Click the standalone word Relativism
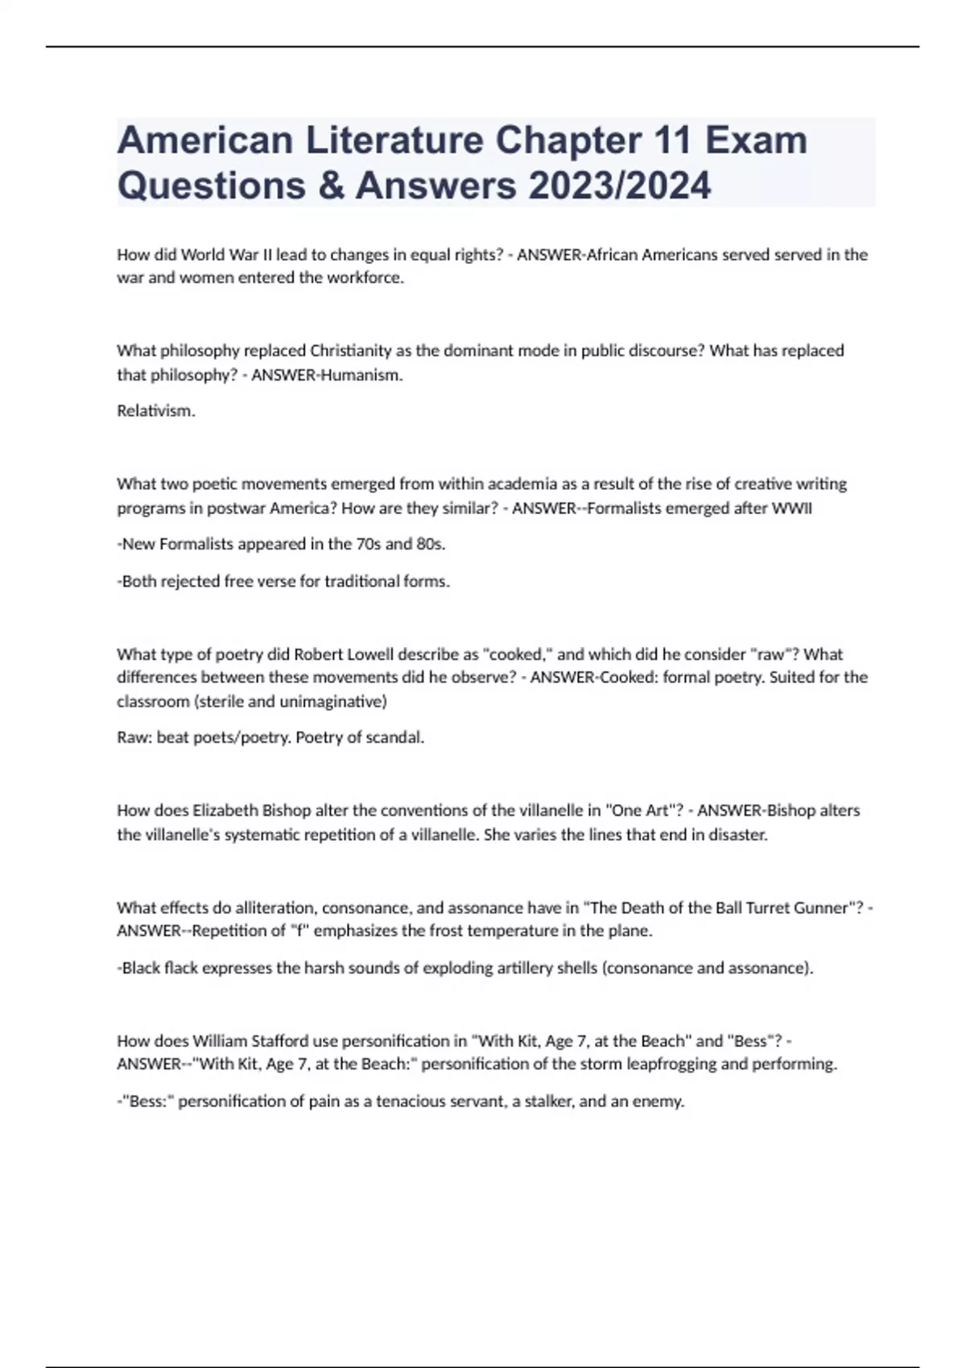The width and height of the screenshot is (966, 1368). pos(156,411)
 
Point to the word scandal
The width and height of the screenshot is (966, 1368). pos(394,738)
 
